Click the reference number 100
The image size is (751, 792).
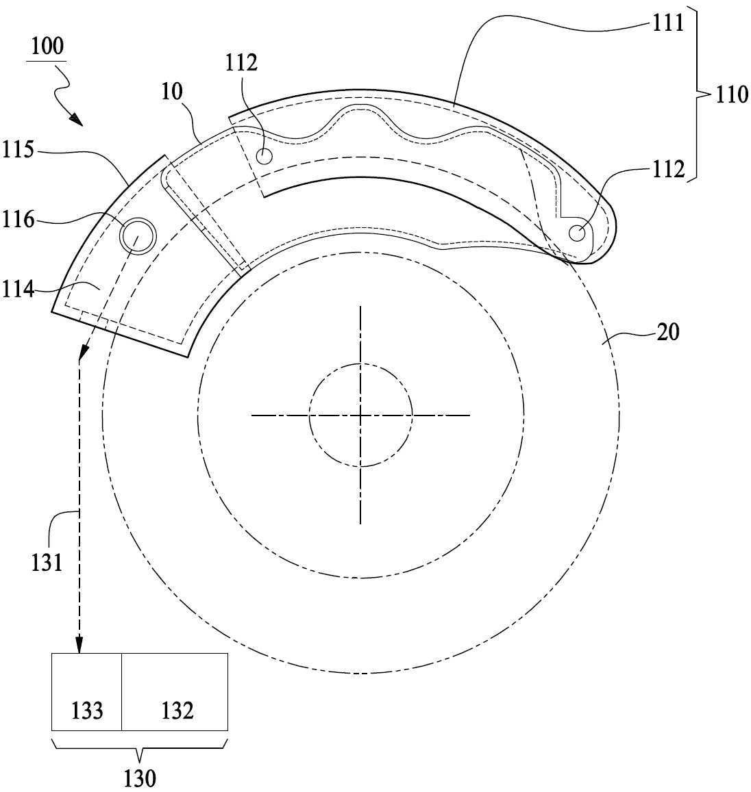47,46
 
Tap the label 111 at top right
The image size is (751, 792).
667,23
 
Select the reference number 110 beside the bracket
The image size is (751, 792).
731,94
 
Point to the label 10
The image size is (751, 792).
172,92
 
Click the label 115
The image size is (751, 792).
18,149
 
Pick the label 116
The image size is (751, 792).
18,220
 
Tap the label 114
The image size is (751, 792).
18,290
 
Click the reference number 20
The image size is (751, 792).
667,333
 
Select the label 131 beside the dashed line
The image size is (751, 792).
47,562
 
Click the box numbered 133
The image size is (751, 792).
86,692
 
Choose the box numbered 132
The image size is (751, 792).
175,692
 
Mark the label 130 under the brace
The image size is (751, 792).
140,778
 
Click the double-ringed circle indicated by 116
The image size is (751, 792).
138,236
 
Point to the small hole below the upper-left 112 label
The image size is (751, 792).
264,157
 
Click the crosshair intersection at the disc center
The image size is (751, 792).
360,416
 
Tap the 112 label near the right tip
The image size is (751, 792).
669,169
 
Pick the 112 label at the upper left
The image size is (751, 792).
241,63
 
